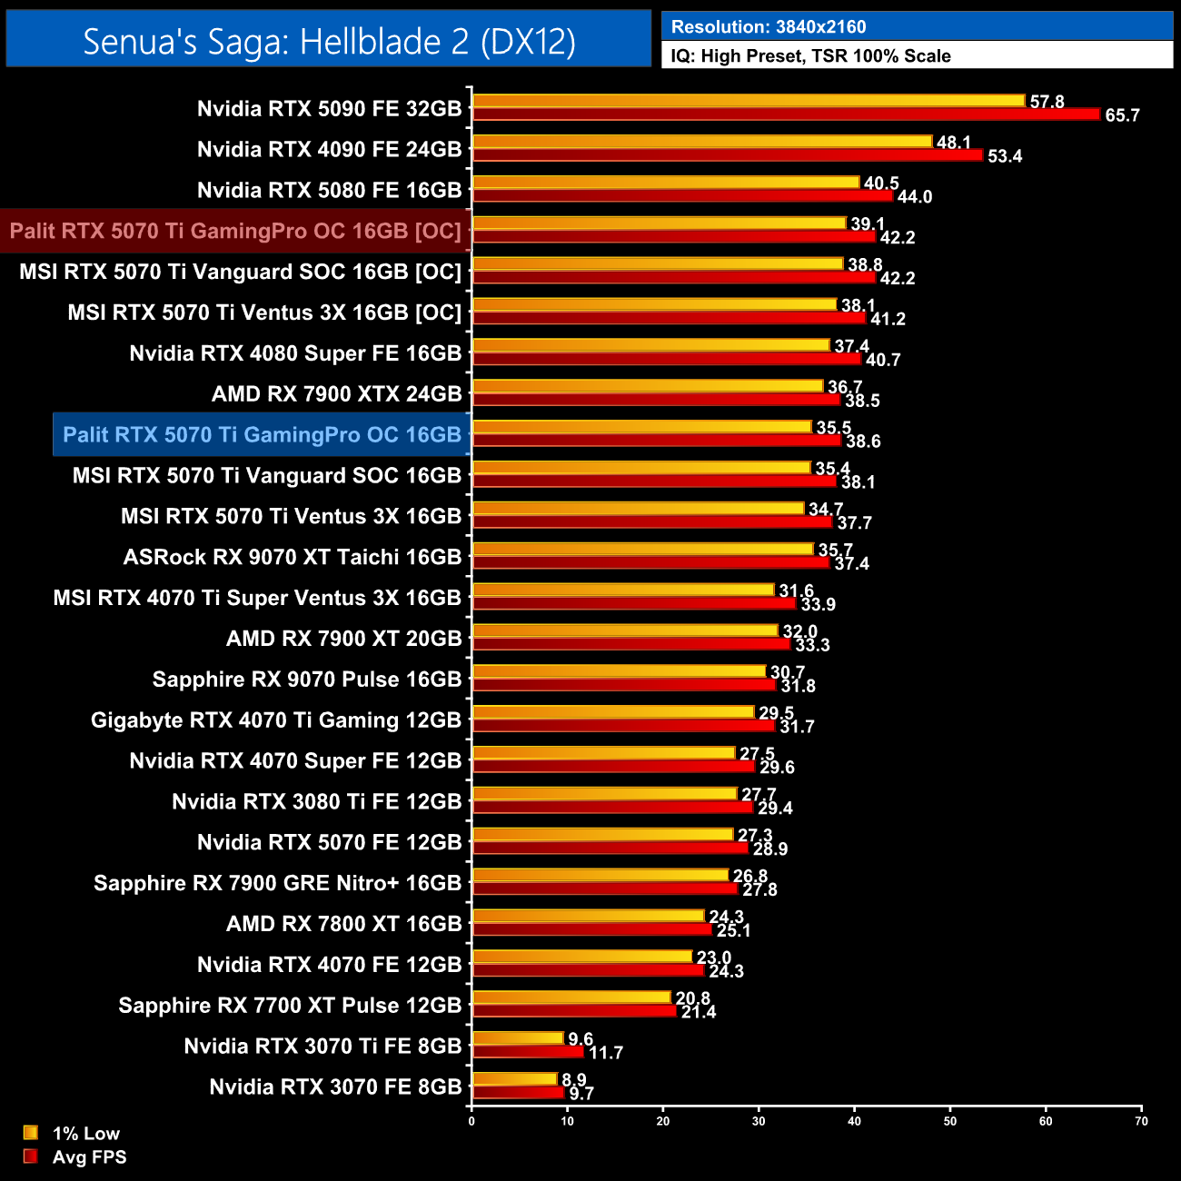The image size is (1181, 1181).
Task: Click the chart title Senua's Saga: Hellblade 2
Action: (x=329, y=42)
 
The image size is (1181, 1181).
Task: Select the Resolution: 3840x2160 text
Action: (x=769, y=27)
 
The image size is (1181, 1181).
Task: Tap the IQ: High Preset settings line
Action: (x=810, y=56)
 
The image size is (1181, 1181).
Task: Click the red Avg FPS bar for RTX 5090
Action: (x=787, y=114)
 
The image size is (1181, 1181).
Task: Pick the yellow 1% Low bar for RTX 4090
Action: (x=702, y=142)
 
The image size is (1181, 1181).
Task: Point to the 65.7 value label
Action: (x=1122, y=116)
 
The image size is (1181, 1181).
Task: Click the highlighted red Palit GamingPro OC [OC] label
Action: (x=235, y=231)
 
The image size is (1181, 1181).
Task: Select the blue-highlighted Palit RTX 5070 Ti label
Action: (x=262, y=434)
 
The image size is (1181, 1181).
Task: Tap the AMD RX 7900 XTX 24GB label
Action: (x=336, y=394)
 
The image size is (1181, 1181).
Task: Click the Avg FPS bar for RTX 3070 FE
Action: (x=519, y=1093)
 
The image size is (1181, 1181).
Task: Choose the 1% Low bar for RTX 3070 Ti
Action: (x=518, y=1038)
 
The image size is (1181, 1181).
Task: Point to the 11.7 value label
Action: (x=606, y=1053)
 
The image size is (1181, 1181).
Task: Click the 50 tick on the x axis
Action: (x=950, y=1121)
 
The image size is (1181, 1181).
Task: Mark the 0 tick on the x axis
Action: (x=471, y=1121)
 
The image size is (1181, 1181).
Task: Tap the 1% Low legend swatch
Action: (x=31, y=1133)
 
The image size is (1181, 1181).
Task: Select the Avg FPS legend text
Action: (x=89, y=1157)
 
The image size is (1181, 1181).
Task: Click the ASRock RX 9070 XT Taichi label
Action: (x=292, y=557)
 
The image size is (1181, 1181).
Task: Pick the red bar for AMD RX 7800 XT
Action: (x=592, y=929)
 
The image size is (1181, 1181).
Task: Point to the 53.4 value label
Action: (x=1005, y=156)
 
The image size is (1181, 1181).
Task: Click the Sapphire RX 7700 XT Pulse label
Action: (x=290, y=1006)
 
